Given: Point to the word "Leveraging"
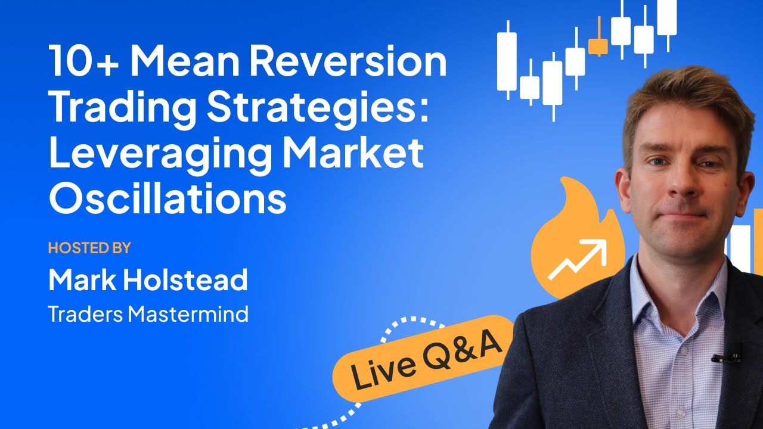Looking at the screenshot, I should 157,154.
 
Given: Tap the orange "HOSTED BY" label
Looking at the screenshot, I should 89,248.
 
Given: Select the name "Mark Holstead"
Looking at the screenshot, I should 148,281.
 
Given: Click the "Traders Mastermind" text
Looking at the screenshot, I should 148,314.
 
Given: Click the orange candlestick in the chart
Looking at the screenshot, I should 598,45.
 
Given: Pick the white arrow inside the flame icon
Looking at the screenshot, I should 576,260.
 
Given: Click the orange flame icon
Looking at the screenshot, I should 572,238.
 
